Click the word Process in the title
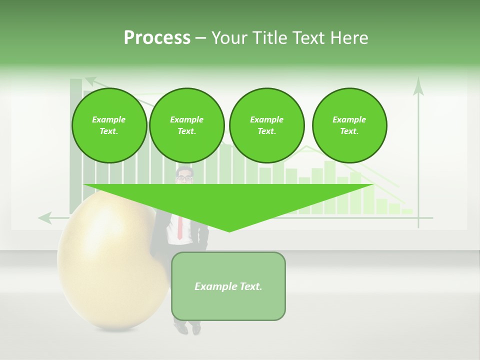point(157,38)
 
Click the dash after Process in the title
point(200,38)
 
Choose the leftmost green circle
point(109,125)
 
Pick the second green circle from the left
point(186,125)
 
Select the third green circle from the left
point(266,125)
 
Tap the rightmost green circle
point(349,125)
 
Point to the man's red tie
point(179,227)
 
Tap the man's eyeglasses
point(184,177)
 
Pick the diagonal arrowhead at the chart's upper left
point(90,80)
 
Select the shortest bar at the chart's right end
point(407,211)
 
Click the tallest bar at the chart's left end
point(75,145)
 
